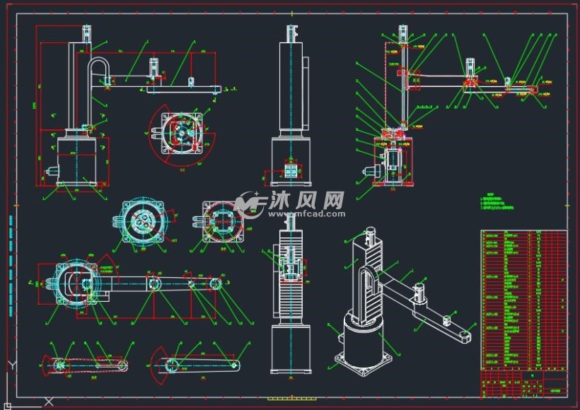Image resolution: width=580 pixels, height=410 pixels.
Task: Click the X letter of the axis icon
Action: click(50, 401)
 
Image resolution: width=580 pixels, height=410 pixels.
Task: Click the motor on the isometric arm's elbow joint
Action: click(422, 293)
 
